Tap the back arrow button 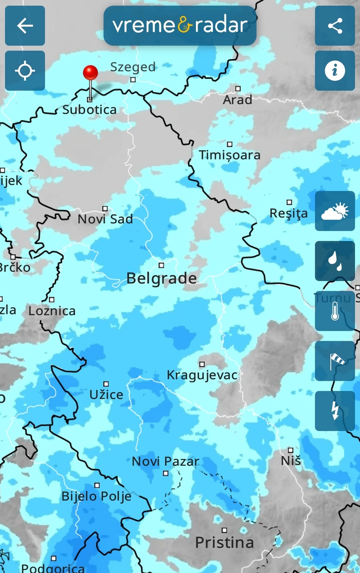tap(25, 26)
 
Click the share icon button tap(335, 26)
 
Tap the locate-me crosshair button tap(25, 71)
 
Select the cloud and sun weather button tap(335, 211)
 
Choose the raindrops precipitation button tap(335, 261)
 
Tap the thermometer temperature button tap(335, 311)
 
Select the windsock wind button tap(335, 361)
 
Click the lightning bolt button tap(335, 411)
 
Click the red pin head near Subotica tap(90, 72)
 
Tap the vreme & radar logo tap(180, 26)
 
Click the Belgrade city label tap(162, 278)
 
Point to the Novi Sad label tap(105, 219)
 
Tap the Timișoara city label tap(229, 155)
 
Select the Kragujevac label tap(202, 375)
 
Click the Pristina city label tap(224, 543)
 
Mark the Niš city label tap(291, 461)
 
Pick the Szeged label tap(133, 67)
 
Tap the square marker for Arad tap(238, 89)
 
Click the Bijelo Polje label tap(97, 496)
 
